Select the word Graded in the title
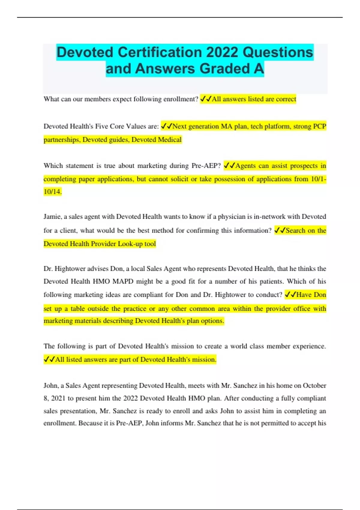click(x=224, y=69)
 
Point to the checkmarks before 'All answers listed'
click(x=205, y=99)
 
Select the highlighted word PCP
click(x=319, y=126)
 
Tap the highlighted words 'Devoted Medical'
click(x=156, y=139)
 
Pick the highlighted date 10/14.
click(x=52, y=191)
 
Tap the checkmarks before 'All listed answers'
click(x=49, y=359)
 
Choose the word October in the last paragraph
click(x=314, y=385)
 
